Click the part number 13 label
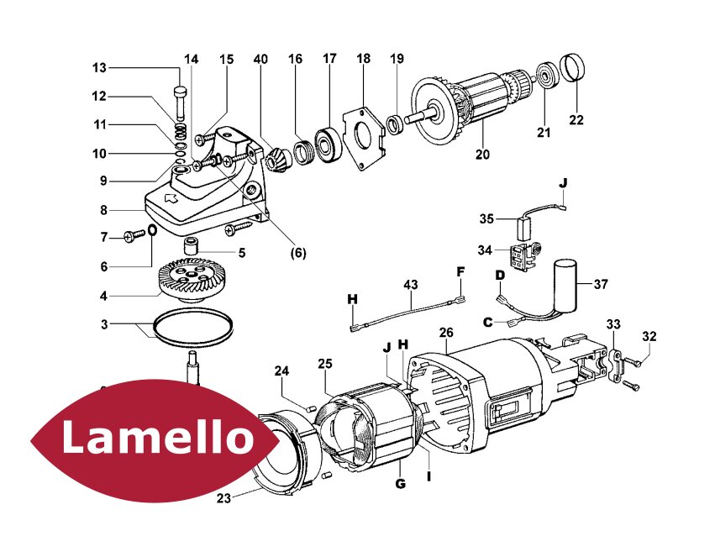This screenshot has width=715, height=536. click(x=99, y=68)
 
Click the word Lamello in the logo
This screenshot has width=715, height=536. click(x=157, y=437)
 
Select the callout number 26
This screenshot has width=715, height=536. click(x=446, y=333)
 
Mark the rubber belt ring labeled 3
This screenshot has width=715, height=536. click(x=192, y=328)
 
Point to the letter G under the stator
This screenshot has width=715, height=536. click(x=400, y=484)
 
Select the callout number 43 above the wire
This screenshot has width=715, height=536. click(x=409, y=286)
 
